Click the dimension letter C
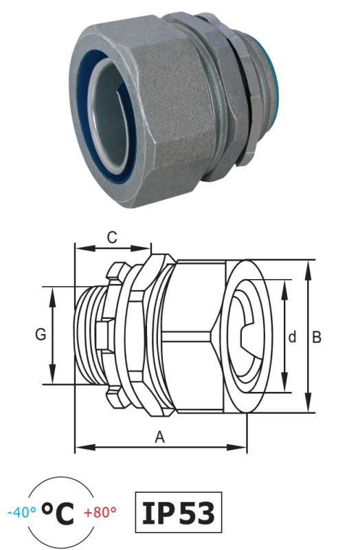(x=112, y=237)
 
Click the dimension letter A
(x=160, y=437)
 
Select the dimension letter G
(x=41, y=334)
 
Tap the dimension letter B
(x=317, y=337)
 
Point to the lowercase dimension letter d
(x=292, y=337)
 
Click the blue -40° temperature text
(x=22, y=512)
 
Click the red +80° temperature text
(x=100, y=512)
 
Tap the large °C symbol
(x=58, y=513)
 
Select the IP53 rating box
(x=179, y=512)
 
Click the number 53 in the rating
(x=197, y=513)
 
